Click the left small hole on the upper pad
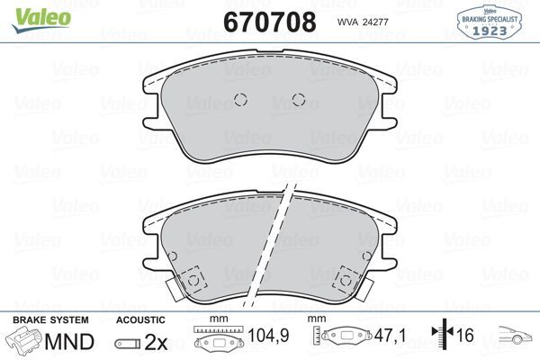click(x=239, y=101)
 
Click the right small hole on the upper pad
click(x=300, y=101)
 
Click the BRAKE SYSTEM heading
click(x=50, y=319)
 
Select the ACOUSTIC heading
click(x=140, y=319)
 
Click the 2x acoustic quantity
click(x=157, y=343)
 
